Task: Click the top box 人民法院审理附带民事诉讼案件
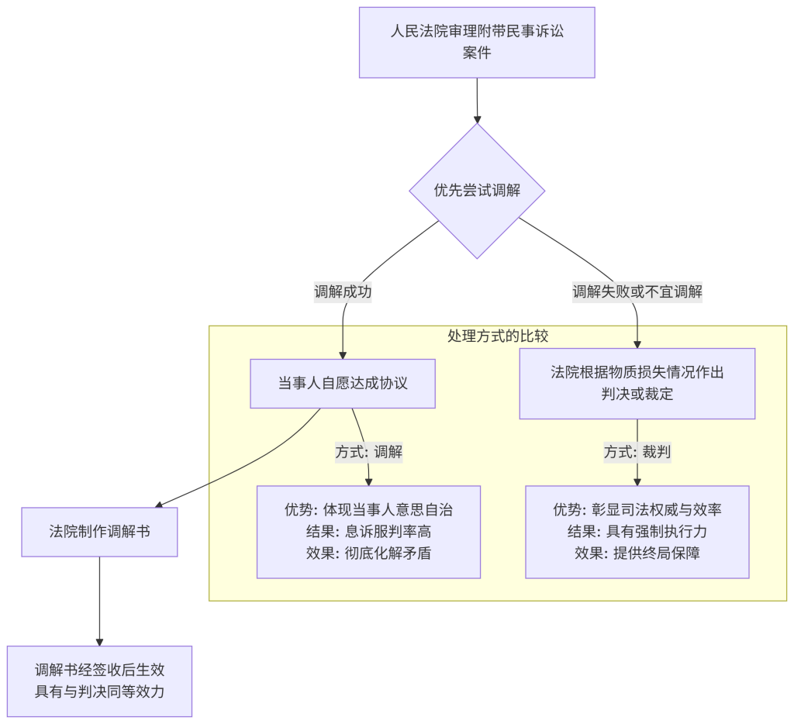(x=476, y=43)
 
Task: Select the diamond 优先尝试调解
(x=477, y=191)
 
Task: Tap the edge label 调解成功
(x=343, y=292)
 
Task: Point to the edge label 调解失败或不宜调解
(x=637, y=292)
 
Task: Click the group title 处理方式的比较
(x=498, y=336)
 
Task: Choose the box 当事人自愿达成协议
(x=343, y=383)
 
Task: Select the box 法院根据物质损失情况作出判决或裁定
(x=637, y=383)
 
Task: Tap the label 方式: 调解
(x=368, y=452)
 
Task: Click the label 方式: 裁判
(x=637, y=452)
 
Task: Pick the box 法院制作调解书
(x=99, y=532)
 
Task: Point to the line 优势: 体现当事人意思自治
(x=368, y=509)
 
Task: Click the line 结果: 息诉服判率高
(x=368, y=532)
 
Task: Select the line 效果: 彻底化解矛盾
(x=368, y=553)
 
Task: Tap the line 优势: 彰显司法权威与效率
(x=637, y=509)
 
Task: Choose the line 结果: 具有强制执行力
(x=637, y=532)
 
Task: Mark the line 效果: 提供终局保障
(x=637, y=553)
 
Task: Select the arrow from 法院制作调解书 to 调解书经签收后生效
(x=99, y=601)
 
